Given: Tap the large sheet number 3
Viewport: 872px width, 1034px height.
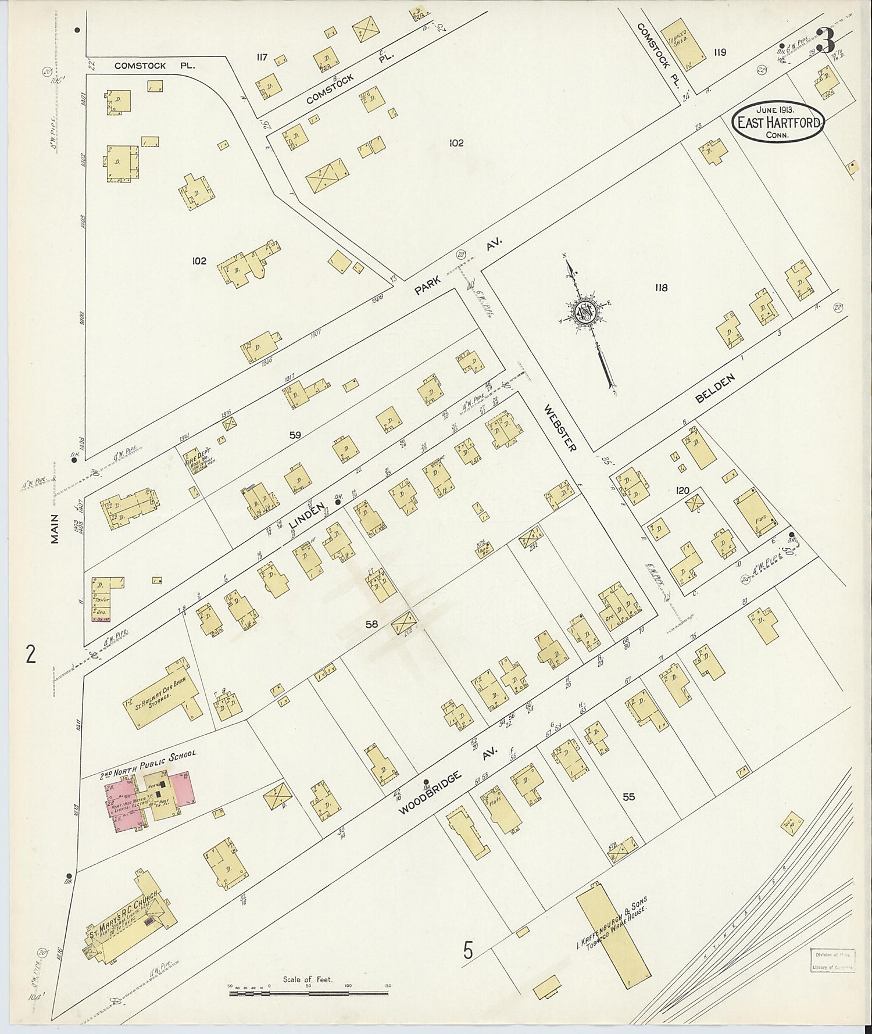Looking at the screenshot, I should click(825, 41).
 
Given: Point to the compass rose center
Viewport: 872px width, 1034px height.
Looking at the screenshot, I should click(584, 312).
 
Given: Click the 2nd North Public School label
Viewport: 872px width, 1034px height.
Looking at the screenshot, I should click(148, 763).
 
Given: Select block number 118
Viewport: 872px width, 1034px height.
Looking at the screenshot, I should click(660, 287).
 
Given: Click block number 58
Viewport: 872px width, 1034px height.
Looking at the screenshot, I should click(371, 625).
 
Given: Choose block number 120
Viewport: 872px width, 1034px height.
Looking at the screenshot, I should click(682, 491).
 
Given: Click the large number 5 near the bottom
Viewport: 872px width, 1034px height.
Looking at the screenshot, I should click(469, 953).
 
